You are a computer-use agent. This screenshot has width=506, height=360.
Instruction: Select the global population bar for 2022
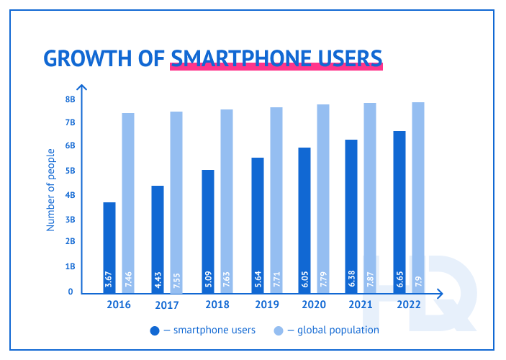417,197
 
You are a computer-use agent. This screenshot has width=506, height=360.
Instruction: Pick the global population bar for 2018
227,201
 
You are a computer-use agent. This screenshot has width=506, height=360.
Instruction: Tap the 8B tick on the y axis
71,99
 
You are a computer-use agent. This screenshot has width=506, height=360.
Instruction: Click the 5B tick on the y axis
71,171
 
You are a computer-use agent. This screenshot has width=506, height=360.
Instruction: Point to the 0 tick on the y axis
71,292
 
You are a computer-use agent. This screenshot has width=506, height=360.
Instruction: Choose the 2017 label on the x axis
166,305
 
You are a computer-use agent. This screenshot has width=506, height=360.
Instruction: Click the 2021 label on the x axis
361,305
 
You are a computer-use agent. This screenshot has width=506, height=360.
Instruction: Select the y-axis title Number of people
51,189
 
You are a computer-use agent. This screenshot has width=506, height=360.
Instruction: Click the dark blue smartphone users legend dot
155,330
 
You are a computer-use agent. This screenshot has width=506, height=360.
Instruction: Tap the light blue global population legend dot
279,330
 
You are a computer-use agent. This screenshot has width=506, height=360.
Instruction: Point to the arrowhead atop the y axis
81,88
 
